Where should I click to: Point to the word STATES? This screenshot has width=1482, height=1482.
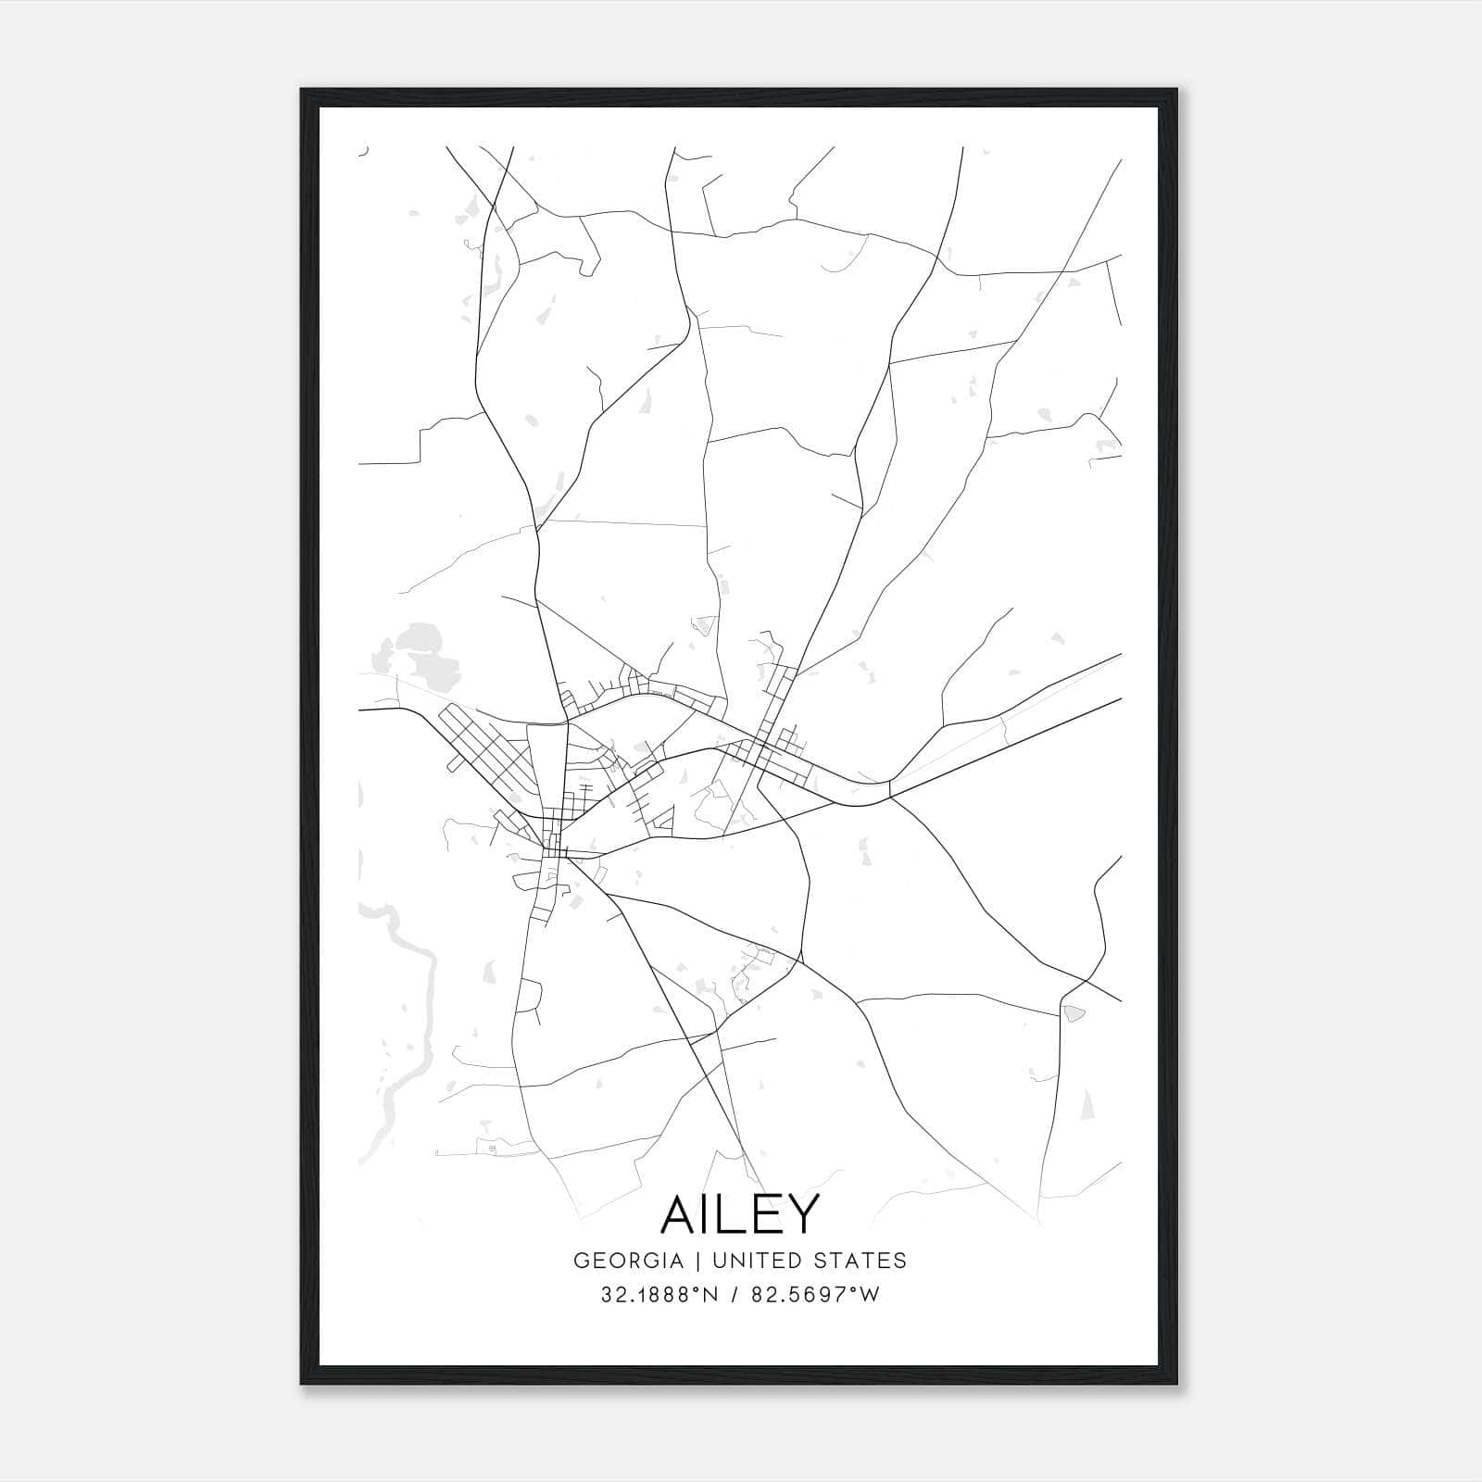(x=860, y=1261)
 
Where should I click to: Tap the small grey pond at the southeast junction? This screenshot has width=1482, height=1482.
(x=1074, y=1013)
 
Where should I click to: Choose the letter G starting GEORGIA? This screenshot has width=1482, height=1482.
(x=581, y=1261)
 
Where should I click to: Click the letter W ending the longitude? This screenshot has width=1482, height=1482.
(x=870, y=1295)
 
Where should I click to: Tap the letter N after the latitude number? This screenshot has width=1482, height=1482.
(x=711, y=1295)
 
